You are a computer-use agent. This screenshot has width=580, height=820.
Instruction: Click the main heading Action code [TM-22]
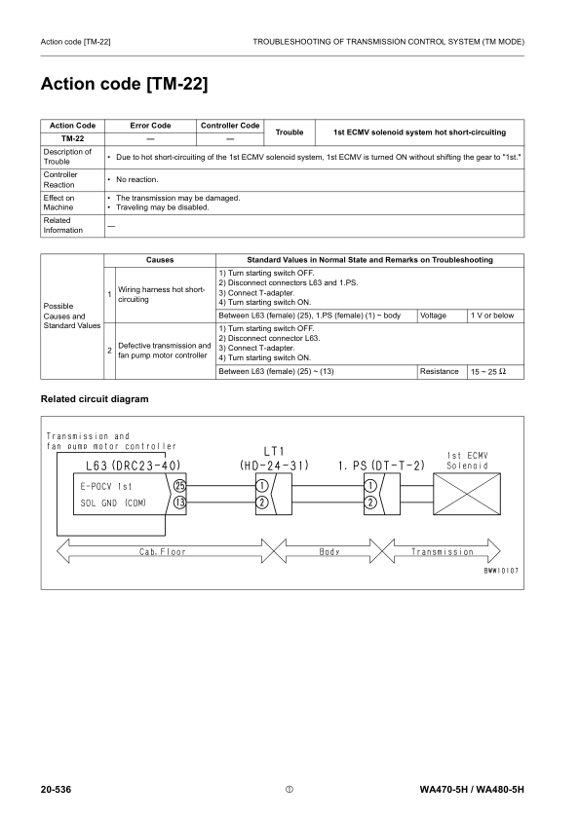[123, 85]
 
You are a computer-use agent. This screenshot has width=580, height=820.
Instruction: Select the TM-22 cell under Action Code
[72, 138]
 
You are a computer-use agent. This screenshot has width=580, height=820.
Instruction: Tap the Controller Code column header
[230, 126]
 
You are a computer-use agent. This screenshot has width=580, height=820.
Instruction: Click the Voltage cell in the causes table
[434, 316]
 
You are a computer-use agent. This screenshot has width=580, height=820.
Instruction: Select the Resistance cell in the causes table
[439, 371]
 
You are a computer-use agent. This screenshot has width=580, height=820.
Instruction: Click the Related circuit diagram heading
[95, 399]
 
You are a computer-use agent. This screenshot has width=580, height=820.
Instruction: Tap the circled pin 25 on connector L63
[179, 485]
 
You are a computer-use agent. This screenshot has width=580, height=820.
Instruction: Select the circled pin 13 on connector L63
[179, 503]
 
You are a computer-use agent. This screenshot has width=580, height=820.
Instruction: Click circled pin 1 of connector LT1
[262, 485]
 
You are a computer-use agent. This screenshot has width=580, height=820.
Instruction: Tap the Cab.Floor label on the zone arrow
[162, 551]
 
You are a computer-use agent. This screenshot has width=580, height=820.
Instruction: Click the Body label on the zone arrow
[329, 551]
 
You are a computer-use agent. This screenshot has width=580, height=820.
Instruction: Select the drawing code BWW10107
[501, 571]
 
